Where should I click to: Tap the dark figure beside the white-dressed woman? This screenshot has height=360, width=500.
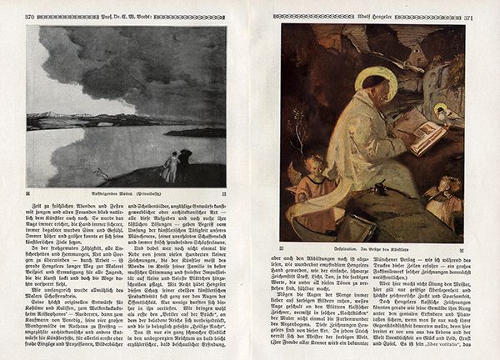click(x=184, y=163)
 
